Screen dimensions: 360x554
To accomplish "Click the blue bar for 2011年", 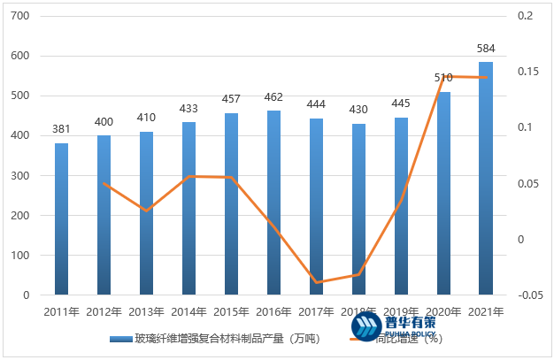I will click(x=62, y=218).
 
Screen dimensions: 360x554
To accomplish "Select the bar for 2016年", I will click(x=273, y=203).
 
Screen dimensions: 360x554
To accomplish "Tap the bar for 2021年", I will click(x=486, y=178).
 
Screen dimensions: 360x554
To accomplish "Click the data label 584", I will click(x=486, y=48).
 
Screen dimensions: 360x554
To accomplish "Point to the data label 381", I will click(x=62, y=129).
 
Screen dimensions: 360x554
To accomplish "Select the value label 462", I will click(x=273, y=97).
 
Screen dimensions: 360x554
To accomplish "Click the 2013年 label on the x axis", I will click(x=147, y=311).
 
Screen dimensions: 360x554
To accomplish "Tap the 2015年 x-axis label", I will click(x=231, y=311).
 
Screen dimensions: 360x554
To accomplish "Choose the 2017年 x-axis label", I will click(x=316, y=311).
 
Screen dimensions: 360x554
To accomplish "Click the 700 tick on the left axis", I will click(x=19, y=17).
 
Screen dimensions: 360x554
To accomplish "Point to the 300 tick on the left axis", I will click(x=19, y=176).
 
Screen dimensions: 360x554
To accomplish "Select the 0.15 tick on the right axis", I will click(x=527, y=72).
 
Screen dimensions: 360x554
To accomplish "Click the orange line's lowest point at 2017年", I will click(x=316, y=283).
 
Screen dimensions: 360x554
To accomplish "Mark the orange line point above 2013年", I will click(x=147, y=211).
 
